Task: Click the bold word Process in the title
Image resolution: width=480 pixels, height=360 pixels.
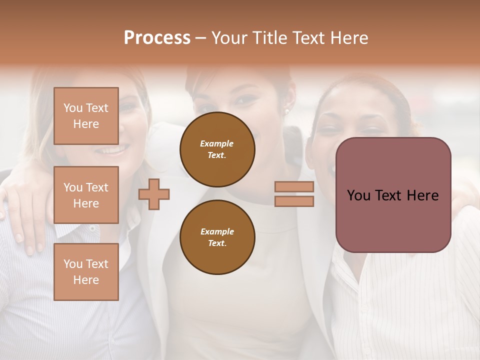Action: pyautogui.click(x=157, y=38)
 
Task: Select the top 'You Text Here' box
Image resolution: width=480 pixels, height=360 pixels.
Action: pyautogui.click(x=86, y=116)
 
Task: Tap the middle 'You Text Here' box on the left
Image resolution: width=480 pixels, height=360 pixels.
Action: pyautogui.click(x=86, y=195)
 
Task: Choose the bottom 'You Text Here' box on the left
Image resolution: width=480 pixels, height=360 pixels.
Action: pyautogui.click(x=86, y=272)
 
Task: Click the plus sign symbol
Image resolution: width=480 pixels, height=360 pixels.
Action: pyautogui.click(x=154, y=194)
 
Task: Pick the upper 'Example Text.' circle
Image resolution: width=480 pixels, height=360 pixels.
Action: pyautogui.click(x=217, y=149)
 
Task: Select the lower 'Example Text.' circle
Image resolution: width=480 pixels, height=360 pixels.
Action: pyautogui.click(x=217, y=237)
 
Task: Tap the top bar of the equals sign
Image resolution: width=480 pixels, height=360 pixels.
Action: pyautogui.click(x=294, y=187)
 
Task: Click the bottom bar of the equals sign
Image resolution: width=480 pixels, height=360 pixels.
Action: pyautogui.click(x=294, y=201)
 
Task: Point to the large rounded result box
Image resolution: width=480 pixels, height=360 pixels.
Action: pyautogui.click(x=393, y=195)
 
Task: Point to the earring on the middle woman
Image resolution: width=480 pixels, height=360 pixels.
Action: pyautogui.click(x=288, y=111)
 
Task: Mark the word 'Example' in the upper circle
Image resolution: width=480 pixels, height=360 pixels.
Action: pyautogui.click(x=217, y=144)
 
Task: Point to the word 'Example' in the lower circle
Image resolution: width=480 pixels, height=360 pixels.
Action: pyautogui.click(x=217, y=232)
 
